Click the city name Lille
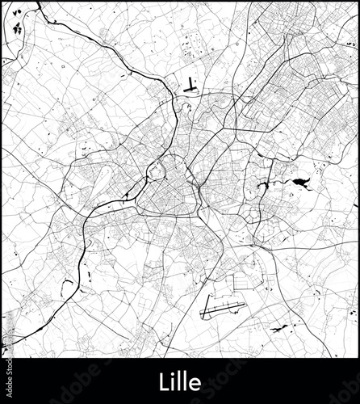point(180,381)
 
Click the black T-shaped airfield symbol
point(190,84)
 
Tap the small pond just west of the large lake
point(262,187)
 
